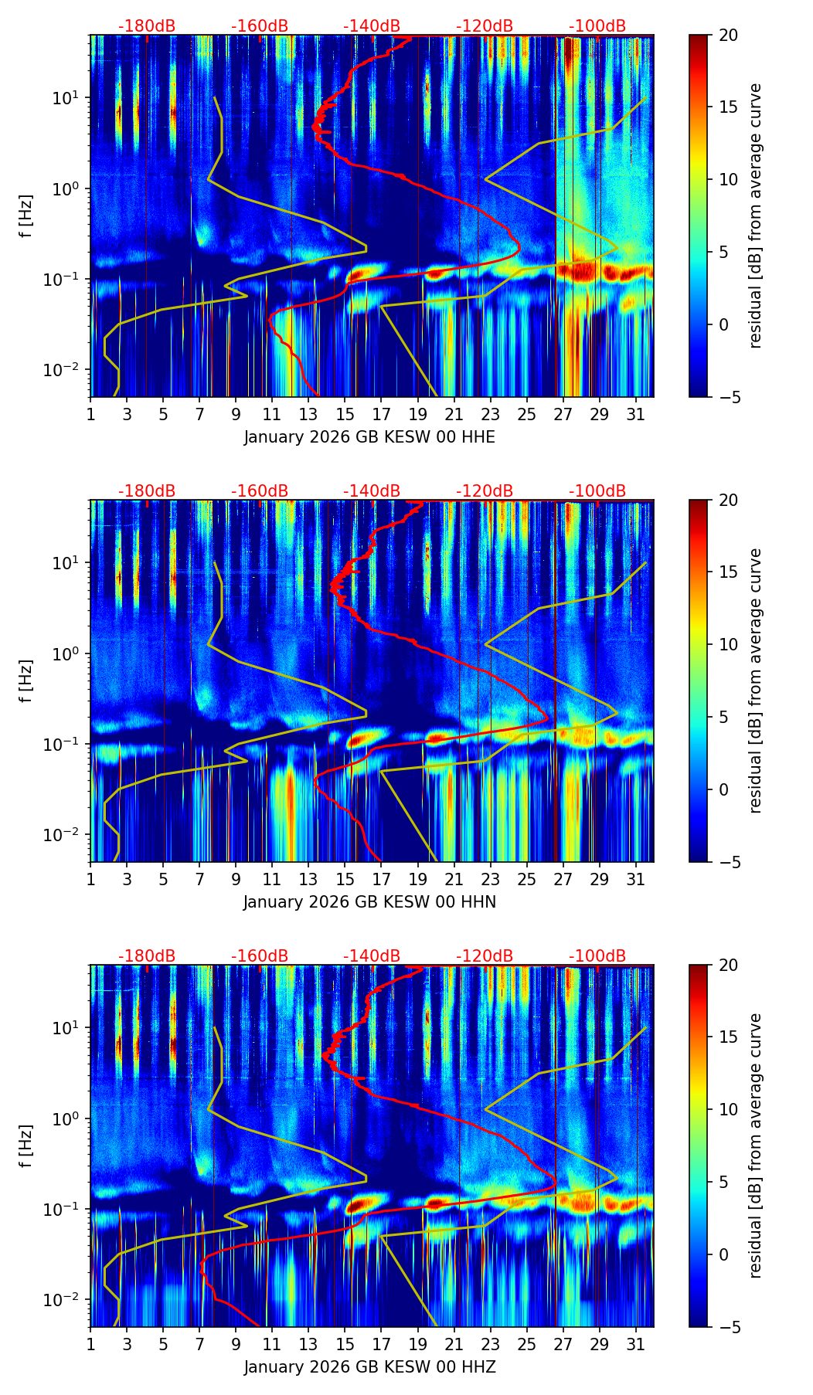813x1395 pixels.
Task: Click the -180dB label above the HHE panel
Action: (x=147, y=26)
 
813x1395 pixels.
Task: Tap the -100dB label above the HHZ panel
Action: (x=597, y=956)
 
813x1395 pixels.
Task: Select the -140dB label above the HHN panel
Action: (x=372, y=491)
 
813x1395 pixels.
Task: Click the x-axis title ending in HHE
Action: (x=369, y=437)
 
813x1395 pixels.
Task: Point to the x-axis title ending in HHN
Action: (x=369, y=902)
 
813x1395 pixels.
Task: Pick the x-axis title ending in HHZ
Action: (x=369, y=1367)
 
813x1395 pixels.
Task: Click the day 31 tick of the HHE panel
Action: (x=636, y=414)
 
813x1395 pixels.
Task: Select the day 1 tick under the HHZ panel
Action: (x=91, y=1344)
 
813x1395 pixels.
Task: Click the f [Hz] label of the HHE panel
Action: (x=26, y=216)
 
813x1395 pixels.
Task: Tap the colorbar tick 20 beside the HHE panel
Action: (x=728, y=35)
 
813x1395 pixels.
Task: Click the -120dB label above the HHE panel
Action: (x=485, y=26)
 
